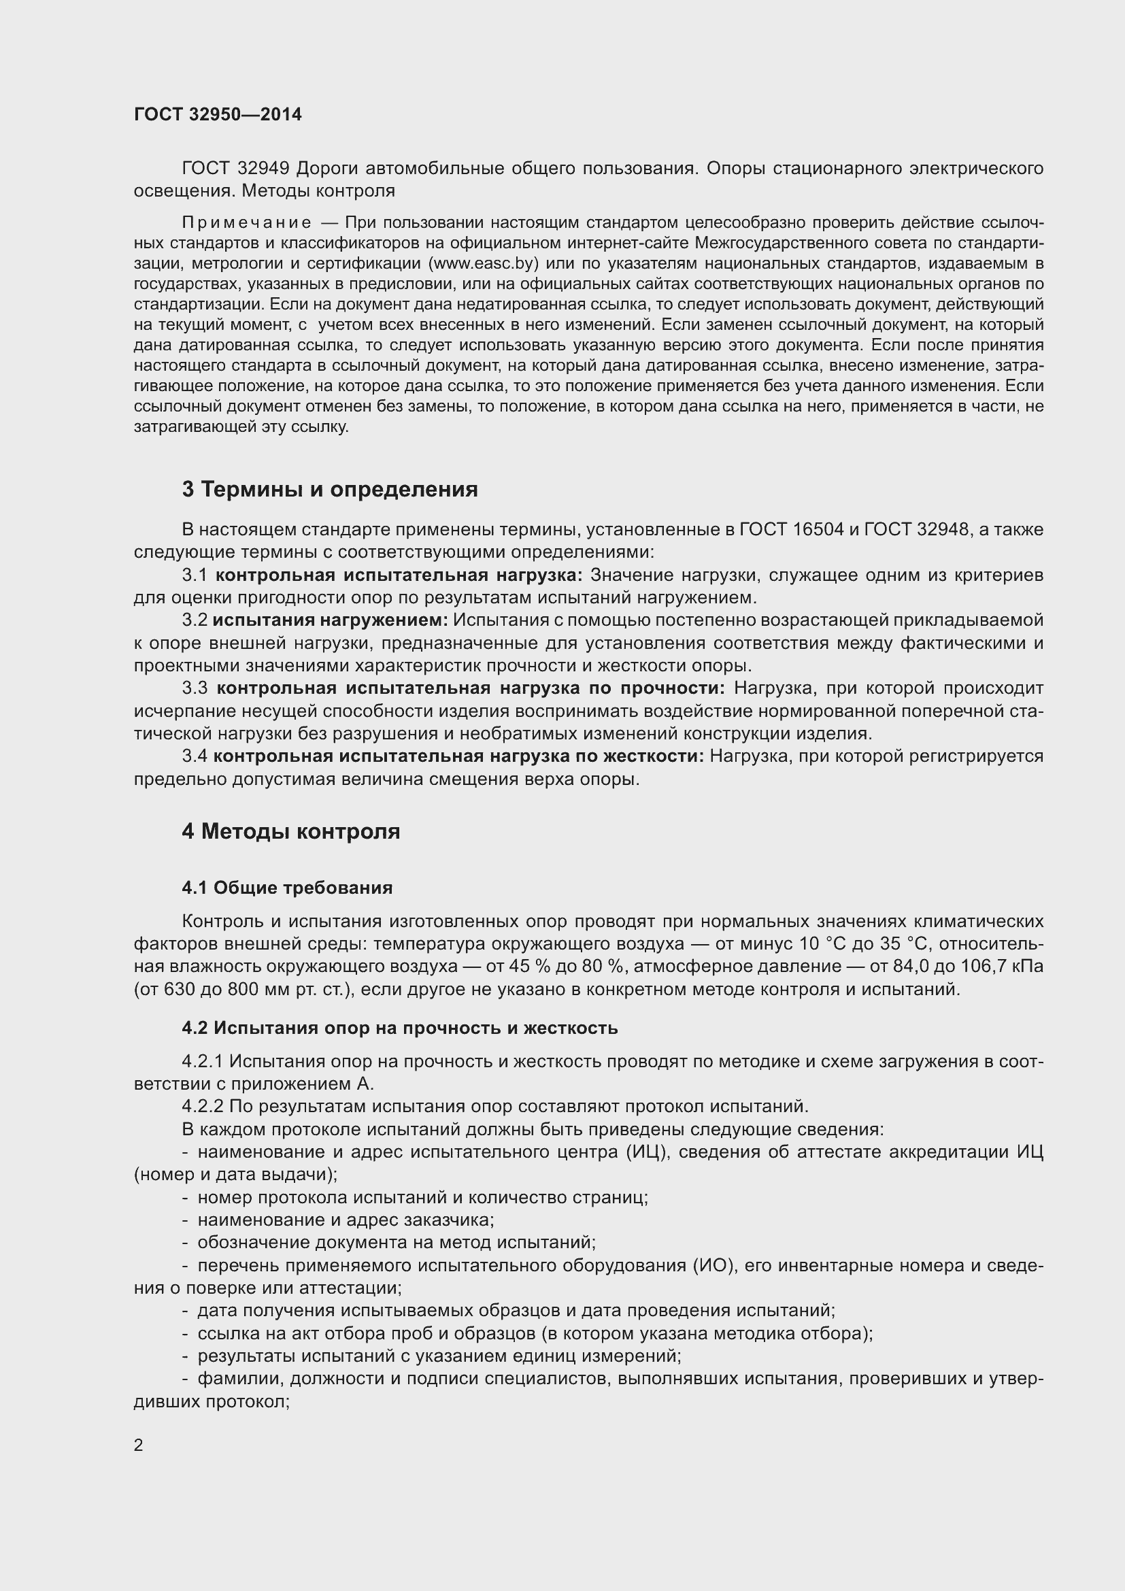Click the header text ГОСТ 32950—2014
[218, 114]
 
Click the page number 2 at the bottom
[139, 1445]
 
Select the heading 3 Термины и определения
[330, 489]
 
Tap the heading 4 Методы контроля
[291, 831]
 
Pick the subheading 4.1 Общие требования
[287, 888]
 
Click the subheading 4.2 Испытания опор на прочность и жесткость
[400, 1028]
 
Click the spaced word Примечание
[246, 222]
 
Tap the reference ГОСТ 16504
[792, 529]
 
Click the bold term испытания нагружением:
[331, 620]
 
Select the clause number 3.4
[195, 756]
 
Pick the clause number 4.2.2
[202, 1107]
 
